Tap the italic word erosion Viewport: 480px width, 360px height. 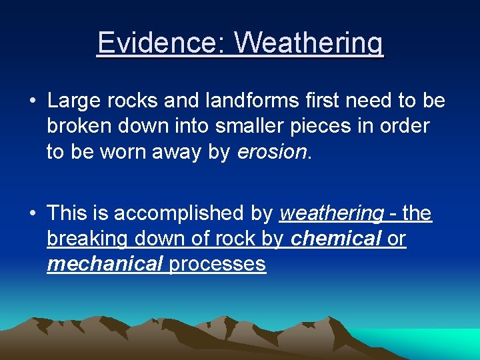point(273,151)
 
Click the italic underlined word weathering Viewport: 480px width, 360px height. point(331,214)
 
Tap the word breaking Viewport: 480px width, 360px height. point(88,239)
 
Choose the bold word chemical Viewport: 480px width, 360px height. point(336,239)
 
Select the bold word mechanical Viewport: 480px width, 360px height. point(105,264)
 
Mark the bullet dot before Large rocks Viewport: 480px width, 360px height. point(32,102)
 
